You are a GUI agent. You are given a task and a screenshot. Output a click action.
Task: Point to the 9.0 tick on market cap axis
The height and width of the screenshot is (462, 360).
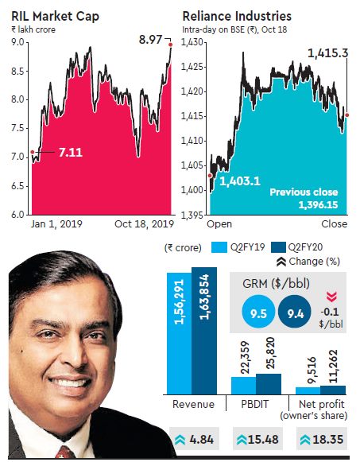[x=15, y=42]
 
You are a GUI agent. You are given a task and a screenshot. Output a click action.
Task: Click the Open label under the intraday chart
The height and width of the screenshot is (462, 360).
[x=219, y=225]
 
